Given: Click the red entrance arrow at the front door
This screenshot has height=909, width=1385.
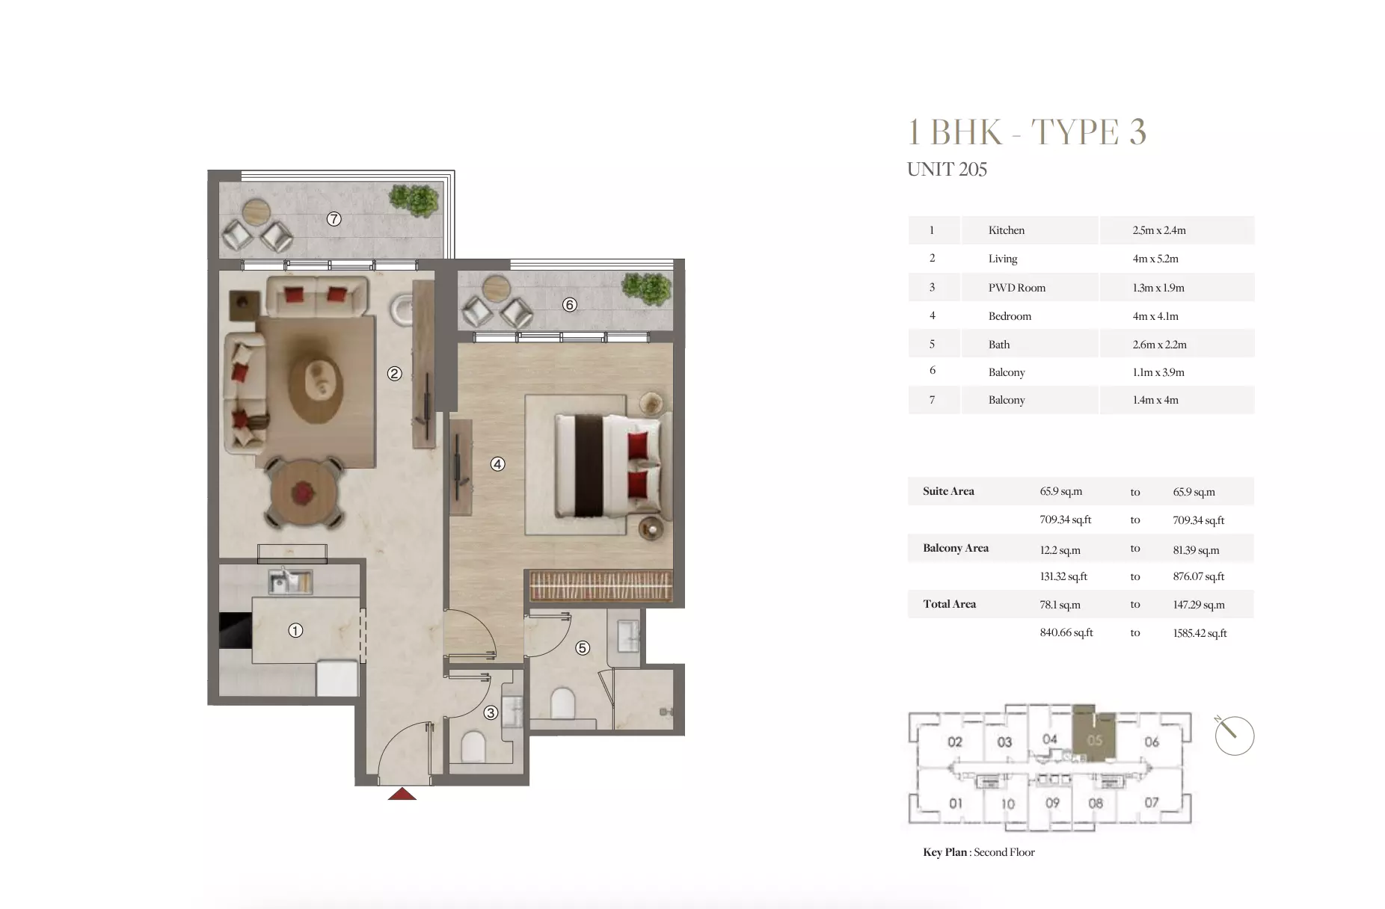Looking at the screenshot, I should point(402,795).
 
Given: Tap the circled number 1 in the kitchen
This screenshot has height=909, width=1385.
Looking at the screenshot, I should point(295,630).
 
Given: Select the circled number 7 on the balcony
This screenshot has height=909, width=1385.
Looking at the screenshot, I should point(334,219).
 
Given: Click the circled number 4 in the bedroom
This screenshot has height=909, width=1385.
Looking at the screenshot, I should point(497,463).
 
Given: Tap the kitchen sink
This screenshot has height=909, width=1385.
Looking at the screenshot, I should point(290,579).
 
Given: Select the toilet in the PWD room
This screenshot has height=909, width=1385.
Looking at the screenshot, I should point(474,745).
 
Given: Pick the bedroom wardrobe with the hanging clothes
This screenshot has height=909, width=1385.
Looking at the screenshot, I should point(601,585).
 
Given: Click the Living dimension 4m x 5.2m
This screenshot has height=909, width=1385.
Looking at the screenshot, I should point(1155,259).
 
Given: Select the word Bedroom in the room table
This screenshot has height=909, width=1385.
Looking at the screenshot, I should point(1010,316).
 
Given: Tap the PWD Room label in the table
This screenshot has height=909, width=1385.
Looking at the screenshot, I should point(1016,288).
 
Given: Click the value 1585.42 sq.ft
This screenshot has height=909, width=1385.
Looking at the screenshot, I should point(1200,633).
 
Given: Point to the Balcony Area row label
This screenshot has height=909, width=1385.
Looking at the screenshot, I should point(955,548).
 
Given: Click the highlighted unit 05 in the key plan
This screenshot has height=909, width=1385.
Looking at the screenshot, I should point(1094,740).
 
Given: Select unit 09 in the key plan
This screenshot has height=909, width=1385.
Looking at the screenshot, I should point(1052,803).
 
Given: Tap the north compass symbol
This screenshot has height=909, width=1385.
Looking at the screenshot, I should point(1234,736).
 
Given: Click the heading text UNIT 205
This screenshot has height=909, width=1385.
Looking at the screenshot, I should point(947,170).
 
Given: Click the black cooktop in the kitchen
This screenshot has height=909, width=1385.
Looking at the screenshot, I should point(235,630).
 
